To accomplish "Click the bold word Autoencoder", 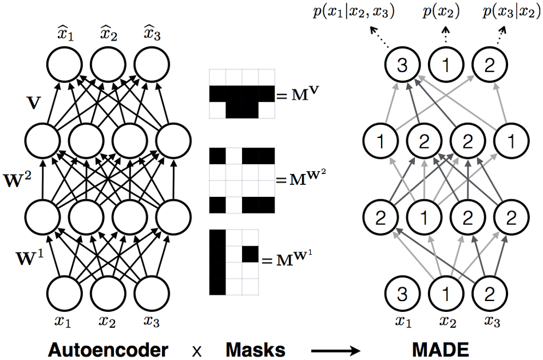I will pos(109,348).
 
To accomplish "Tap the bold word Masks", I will pos(255,348).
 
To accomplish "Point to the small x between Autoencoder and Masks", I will pos(197,349).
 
